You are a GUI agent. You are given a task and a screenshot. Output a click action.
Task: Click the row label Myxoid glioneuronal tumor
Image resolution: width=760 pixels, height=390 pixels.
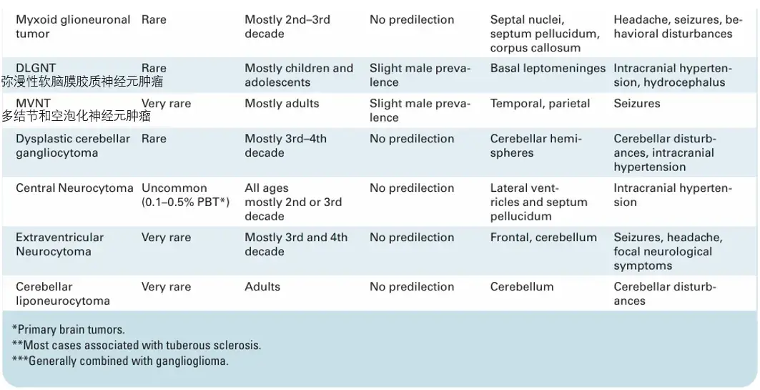pos(73,26)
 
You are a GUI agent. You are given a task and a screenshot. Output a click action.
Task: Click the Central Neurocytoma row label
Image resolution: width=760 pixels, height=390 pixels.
pos(74,188)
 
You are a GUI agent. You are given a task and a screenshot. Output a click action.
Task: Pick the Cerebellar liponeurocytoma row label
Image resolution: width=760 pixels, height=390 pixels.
pos(63,293)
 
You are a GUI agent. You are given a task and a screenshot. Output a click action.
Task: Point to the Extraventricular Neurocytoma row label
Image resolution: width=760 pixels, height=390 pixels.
pos(60,245)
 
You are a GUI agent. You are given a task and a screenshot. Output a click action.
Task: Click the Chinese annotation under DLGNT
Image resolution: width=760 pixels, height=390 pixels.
pos(82,82)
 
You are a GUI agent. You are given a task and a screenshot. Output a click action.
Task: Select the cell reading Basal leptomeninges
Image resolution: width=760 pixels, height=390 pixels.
pos(548,69)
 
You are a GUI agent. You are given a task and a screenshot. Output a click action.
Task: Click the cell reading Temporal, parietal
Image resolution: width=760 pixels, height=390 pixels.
pos(540,103)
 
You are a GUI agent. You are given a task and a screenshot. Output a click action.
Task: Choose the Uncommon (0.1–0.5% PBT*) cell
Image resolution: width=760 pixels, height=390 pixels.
pos(185,195)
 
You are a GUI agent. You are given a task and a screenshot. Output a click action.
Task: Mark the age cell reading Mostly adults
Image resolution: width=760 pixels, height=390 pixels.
pos(282,103)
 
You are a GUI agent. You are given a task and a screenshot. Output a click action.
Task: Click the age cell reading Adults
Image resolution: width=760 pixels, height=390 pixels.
pos(262,287)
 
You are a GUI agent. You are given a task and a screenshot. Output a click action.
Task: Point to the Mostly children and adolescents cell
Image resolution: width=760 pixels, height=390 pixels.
pos(299,75)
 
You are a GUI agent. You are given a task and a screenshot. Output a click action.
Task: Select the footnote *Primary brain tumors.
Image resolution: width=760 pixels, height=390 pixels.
pos(69,329)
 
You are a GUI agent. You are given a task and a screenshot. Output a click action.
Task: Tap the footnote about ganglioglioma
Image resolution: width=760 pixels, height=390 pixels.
pos(120,361)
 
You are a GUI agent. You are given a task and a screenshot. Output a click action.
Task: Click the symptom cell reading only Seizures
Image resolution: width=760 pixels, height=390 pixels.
pos(637,103)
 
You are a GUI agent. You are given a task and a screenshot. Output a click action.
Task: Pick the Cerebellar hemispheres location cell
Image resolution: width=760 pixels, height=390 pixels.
pos(536,145)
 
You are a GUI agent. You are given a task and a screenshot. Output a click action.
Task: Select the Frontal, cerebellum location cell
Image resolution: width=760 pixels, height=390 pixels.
pos(543,238)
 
